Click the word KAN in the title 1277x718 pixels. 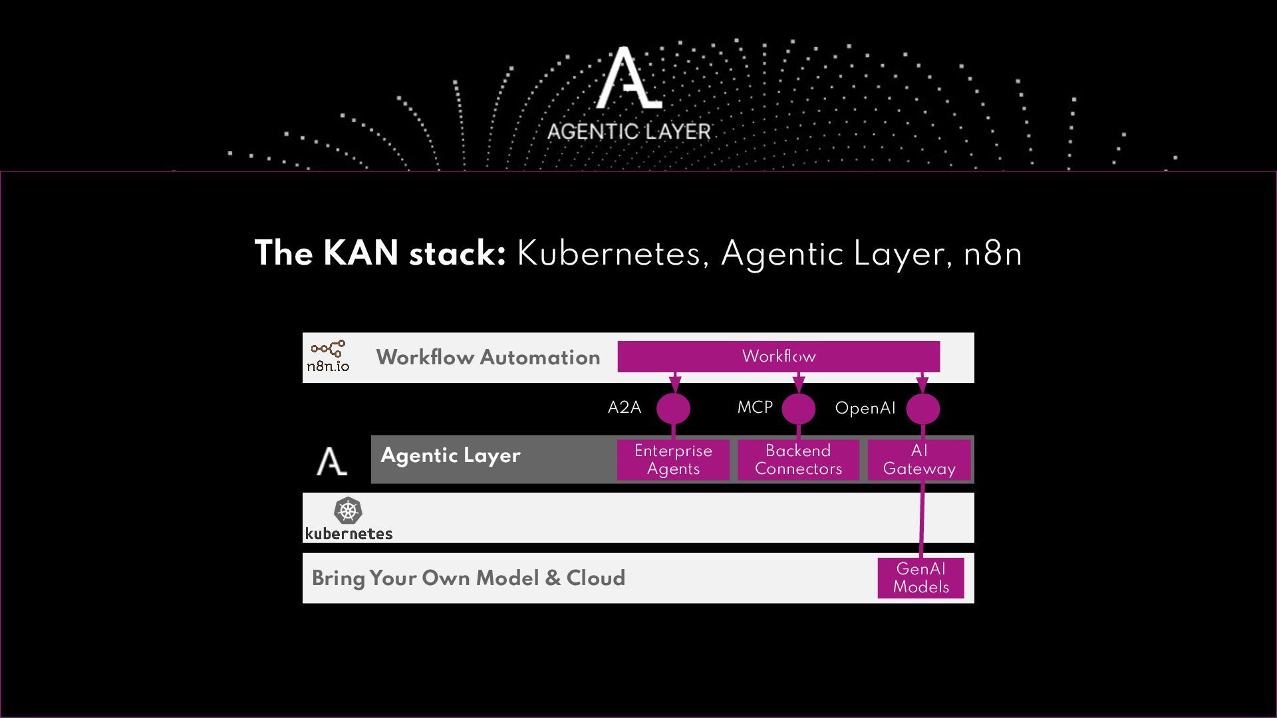tap(361, 253)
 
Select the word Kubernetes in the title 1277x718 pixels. tap(609, 253)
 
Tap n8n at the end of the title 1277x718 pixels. tap(992, 253)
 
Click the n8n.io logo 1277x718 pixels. tap(328, 357)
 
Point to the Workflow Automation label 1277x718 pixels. tap(488, 358)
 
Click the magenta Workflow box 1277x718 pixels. tap(778, 356)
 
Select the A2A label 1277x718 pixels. tap(625, 408)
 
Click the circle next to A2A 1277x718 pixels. tap(673, 408)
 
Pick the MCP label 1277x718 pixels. tap(755, 408)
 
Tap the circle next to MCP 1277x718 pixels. tap(798, 408)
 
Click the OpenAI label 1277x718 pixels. tap(865, 408)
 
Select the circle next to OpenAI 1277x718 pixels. tap(923, 408)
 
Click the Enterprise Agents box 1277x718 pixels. tap(673, 459)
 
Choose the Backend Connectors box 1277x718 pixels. tap(798, 459)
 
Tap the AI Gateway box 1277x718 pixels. tap(919, 459)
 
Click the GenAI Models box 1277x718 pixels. tap(921, 578)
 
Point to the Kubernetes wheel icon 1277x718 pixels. tap(348, 511)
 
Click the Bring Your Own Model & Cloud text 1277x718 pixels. tap(468, 578)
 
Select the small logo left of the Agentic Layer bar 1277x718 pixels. tap(331, 461)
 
